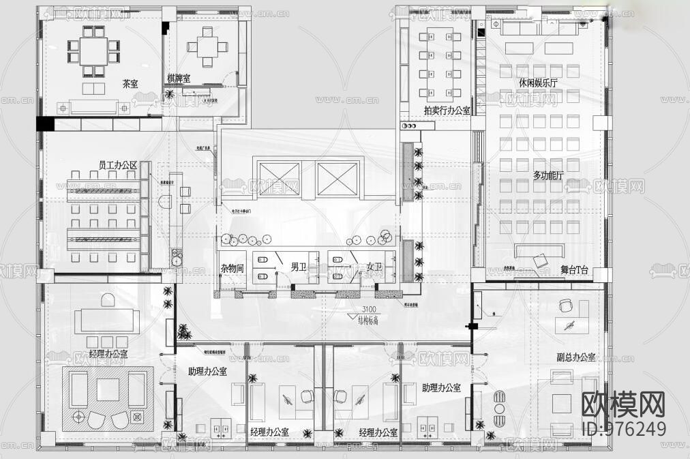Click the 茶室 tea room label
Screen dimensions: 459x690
point(130,84)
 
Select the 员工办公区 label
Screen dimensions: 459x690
point(118,165)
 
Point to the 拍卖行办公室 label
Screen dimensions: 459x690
point(447,110)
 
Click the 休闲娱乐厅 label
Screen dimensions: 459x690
point(538,83)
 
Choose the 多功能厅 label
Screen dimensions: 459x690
point(548,175)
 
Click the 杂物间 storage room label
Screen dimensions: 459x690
point(232,269)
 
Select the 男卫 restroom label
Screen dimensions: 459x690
point(299,267)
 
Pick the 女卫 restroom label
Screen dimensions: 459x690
point(374,267)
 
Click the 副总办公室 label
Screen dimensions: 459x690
point(575,357)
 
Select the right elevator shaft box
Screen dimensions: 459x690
point(337,179)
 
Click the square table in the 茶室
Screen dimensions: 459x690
point(93,49)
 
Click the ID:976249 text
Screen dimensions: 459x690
point(623,428)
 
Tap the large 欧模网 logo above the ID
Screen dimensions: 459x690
point(623,404)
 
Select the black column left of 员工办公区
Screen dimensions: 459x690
point(44,124)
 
